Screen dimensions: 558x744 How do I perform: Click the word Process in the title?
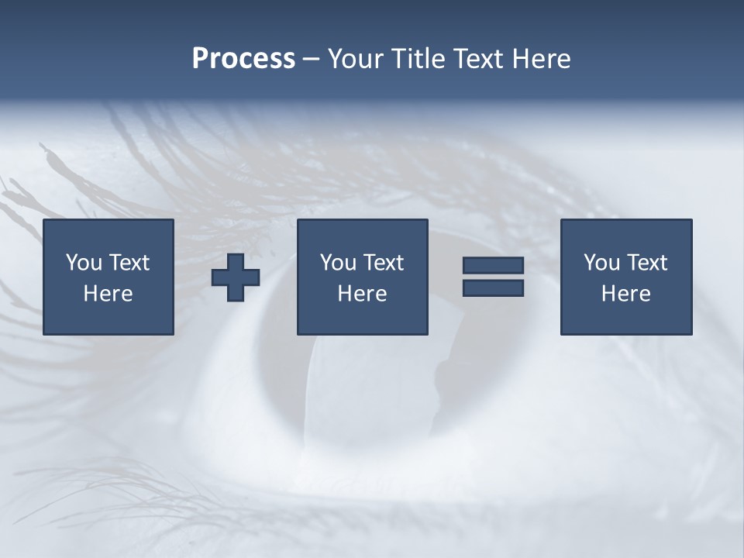click(x=243, y=59)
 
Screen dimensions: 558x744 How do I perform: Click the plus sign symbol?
click(x=236, y=277)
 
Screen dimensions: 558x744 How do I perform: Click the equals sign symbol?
click(x=493, y=277)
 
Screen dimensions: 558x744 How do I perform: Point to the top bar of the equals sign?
click(x=493, y=266)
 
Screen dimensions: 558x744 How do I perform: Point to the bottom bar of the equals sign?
click(x=493, y=288)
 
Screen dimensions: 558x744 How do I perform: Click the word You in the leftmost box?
click(x=84, y=263)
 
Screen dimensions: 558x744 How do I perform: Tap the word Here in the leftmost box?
click(x=108, y=294)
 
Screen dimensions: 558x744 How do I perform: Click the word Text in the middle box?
click(x=383, y=263)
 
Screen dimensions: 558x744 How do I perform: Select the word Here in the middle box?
click(x=362, y=294)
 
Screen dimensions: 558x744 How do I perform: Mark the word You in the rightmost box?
click(x=601, y=263)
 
